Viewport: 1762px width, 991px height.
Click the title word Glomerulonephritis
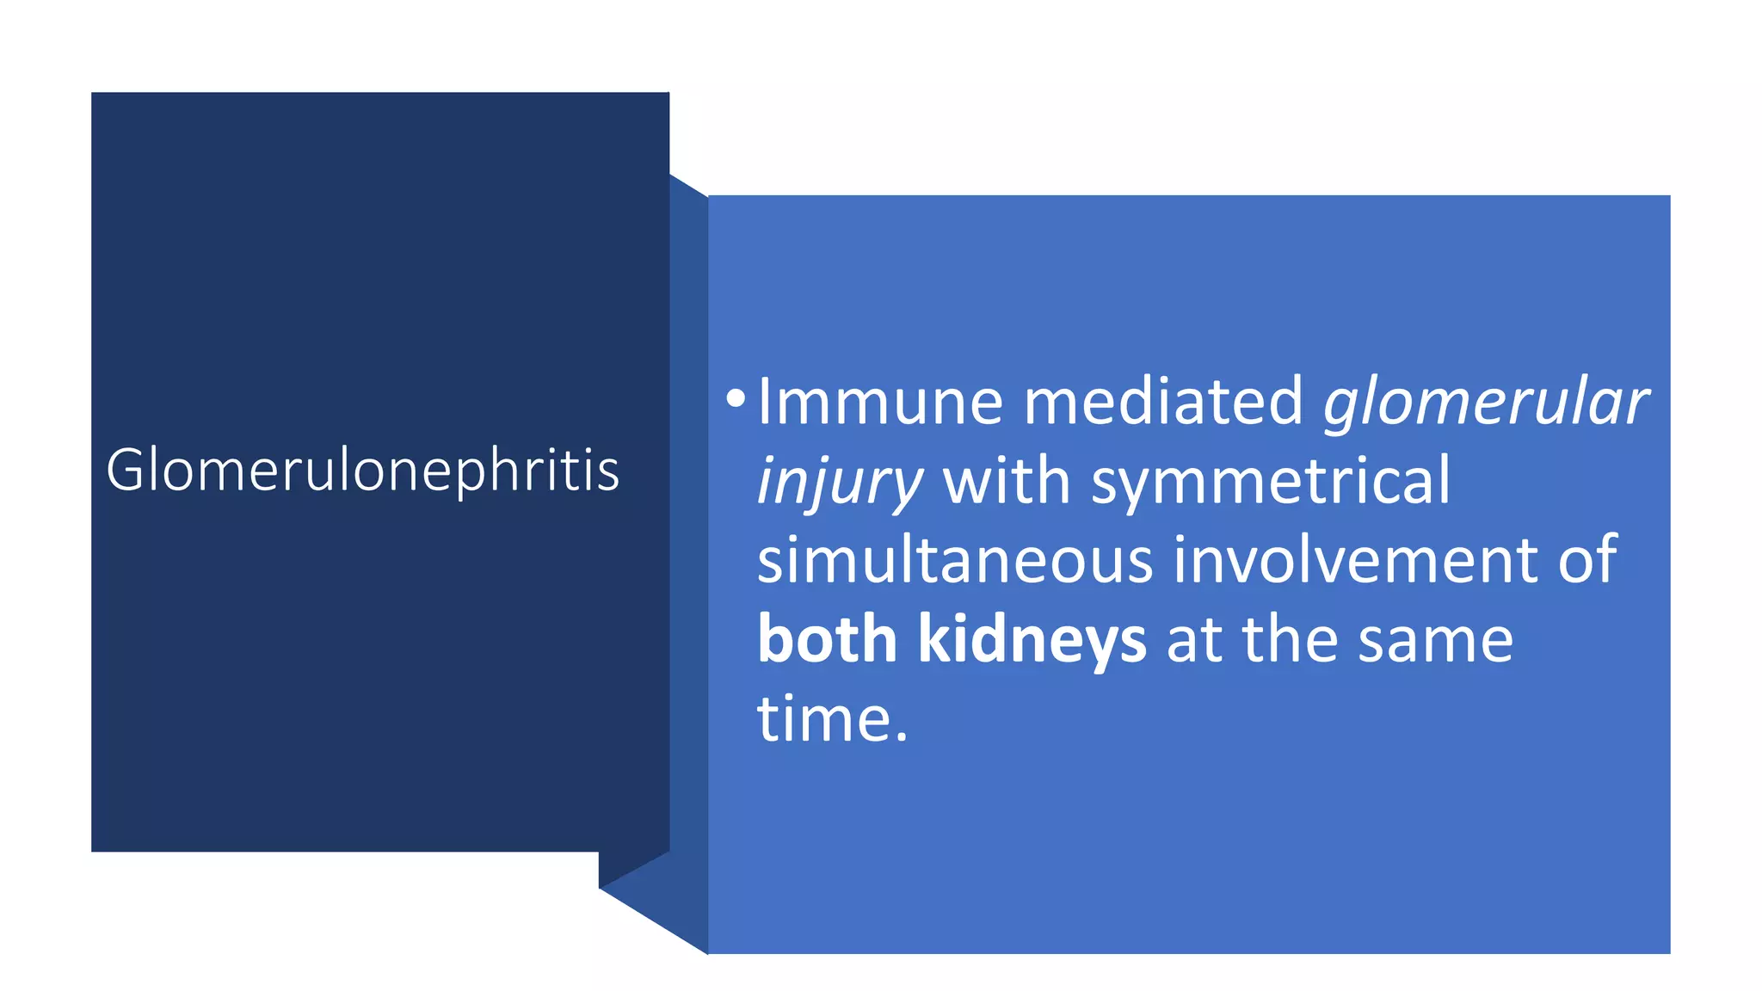362,471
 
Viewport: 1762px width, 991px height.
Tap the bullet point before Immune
735,398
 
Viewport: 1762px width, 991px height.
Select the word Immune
880,401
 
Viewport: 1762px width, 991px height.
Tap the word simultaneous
954,560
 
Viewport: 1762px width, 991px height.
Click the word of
1587,560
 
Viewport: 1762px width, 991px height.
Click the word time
822,719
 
